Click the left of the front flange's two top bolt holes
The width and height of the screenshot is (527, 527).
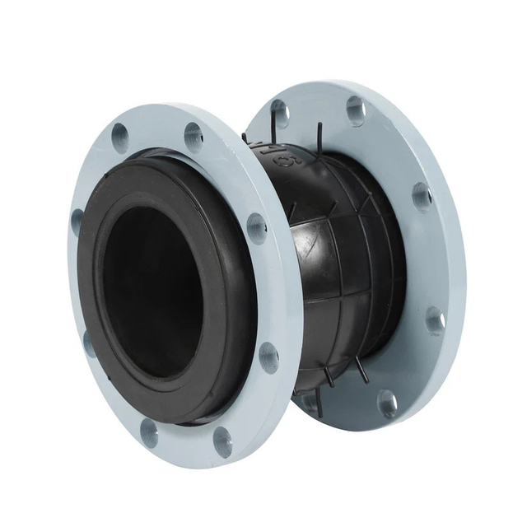pyautogui.click(x=120, y=133)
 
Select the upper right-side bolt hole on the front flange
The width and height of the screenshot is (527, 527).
pyautogui.click(x=256, y=228)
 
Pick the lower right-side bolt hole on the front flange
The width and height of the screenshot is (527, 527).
pyautogui.click(x=268, y=357)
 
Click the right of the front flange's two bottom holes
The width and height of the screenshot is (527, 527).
pyautogui.click(x=222, y=441)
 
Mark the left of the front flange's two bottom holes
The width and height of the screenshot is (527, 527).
pyautogui.click(x=148, y=431)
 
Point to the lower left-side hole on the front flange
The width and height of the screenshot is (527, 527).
pyautogui.click(x=88, y=342)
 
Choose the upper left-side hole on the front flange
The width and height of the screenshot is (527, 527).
pyautogui.click(x=78, y=221)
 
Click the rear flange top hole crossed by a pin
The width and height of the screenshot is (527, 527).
pyautogui.click(x=280, y=111)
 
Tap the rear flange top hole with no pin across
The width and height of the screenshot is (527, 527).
pyautogui.click(x=356, y=110)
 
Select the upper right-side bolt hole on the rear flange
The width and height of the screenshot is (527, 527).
pyautogui.click(x=422, y=196)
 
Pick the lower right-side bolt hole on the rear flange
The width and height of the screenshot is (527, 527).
pyautogui.click(x=435, y=319)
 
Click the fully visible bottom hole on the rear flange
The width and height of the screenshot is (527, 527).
pyautogui.click(x=387, y=403)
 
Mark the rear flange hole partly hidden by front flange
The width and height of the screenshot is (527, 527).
pyautogui.click(x=307, y=401)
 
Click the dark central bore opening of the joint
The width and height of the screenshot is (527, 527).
pyautogui.click(x=152, y=289)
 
